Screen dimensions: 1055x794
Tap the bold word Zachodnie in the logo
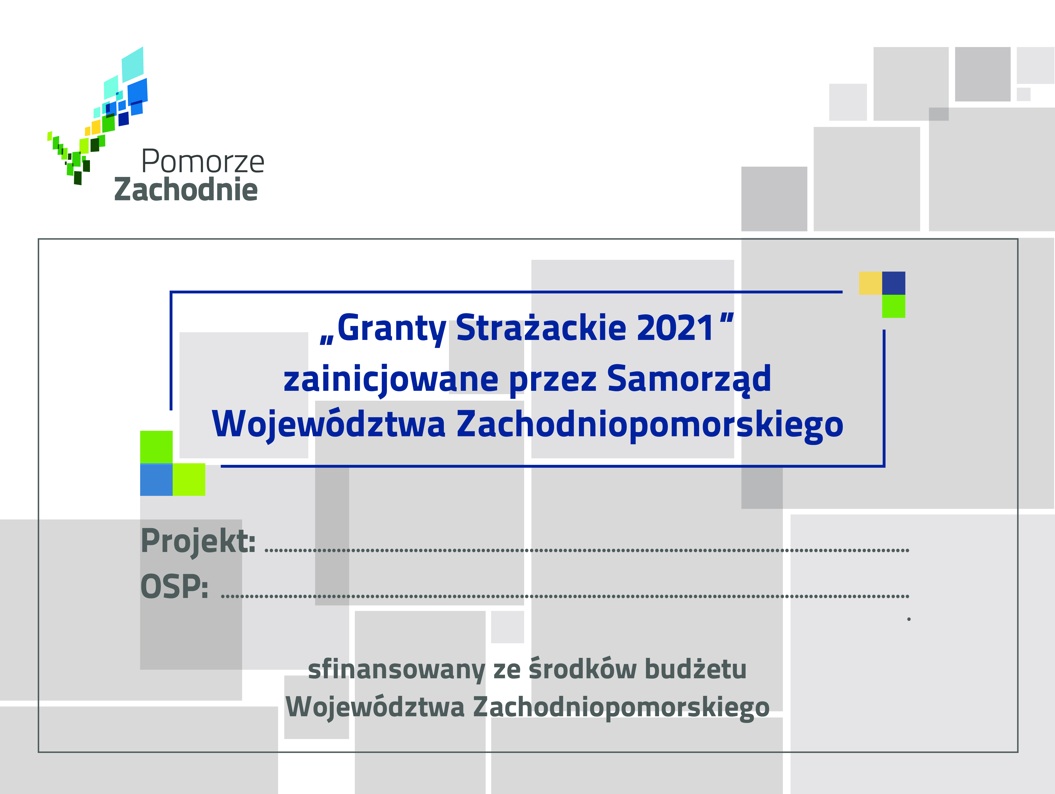186,189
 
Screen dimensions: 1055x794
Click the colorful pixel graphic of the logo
98,116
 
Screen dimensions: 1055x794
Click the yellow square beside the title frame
870,283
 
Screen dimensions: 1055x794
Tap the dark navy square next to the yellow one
894,283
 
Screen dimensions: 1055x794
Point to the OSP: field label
174,586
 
